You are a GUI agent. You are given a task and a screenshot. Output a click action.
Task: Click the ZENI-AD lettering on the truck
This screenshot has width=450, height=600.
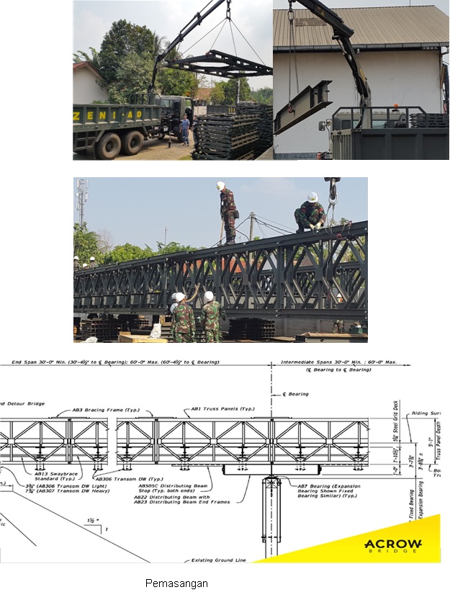[x=115, y=114]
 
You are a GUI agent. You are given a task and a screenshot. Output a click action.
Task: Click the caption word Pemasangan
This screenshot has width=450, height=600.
[x=176, y=583]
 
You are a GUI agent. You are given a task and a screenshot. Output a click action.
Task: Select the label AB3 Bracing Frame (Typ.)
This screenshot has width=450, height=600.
[x=104, y=409]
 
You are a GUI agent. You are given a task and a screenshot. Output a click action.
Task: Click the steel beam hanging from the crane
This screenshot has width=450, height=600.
[x=303, y=106]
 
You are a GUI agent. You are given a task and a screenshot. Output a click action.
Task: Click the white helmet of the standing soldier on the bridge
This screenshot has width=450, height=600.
[x=220, y=185]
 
